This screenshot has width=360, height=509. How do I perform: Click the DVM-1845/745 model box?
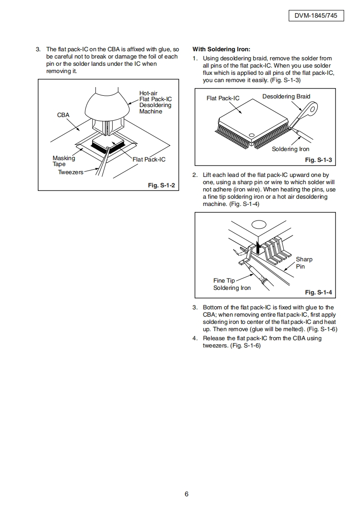[316, 16]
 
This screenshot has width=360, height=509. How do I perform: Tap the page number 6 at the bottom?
[186, 494]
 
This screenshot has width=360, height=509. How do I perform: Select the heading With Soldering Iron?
[221, 49]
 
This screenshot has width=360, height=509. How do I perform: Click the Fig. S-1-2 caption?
[161, 186]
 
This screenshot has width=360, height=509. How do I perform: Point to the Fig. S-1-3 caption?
[318, 160]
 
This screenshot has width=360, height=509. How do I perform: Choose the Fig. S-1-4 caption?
[318, 292]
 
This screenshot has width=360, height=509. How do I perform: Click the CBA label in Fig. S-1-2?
[63, 115]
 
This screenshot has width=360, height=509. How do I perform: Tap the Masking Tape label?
[64, 161]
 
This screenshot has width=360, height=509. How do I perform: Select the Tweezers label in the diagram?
[70, 172]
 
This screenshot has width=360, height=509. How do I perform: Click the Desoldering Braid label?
[286, 97]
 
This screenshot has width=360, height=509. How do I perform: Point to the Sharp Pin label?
[304, 263]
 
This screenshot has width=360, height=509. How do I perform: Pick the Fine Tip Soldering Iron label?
[232, 284]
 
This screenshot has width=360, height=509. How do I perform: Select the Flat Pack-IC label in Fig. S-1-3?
[222, 98]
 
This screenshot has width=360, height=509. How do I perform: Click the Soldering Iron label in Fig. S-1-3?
[291, 149]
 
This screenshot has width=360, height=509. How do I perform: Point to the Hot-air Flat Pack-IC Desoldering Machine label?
[155, 102]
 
